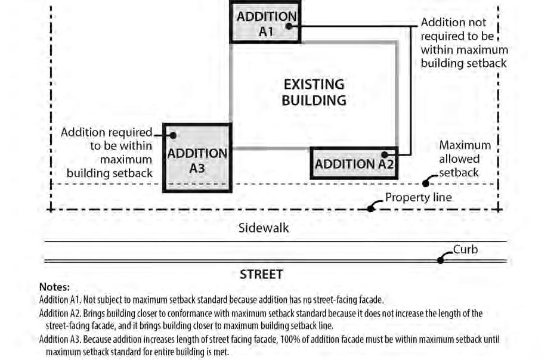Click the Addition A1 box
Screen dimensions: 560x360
point(265,23)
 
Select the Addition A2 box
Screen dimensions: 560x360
point(354,163)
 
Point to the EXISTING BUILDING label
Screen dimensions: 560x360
point(314,92)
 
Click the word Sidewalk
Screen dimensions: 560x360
point(264,228)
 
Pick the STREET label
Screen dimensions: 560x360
point(261,275)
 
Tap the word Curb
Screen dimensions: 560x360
point(465,249)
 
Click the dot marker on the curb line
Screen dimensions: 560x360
point(441,259)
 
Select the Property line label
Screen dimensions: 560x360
point(418,197)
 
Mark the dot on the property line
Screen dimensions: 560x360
point(371,208)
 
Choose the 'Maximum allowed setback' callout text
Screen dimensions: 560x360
point(465,159)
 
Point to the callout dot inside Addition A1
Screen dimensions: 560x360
point(289,26)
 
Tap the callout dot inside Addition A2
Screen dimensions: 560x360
point(385,154)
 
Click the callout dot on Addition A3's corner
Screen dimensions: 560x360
point(173,135)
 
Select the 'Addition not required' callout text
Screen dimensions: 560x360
point(464,42)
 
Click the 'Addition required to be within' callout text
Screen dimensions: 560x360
point(107,153)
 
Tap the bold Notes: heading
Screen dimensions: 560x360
point(54,287)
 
